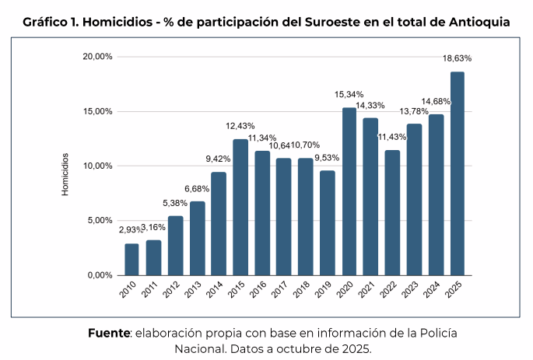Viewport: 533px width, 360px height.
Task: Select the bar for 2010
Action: click(x=131, y=259)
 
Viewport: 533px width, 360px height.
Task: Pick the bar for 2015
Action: click(x=240, y=207)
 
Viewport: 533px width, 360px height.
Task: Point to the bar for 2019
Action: click(x=328, y=222)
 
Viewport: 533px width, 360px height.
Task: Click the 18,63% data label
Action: click(x=457, y=58)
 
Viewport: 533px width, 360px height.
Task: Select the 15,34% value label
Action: click(x=349, y=94)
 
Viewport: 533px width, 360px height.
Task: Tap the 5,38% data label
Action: click(x=175, y=203)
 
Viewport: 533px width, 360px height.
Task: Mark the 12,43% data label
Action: click(x=240, y=126)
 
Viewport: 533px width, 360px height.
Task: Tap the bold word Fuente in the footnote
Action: click(x=108, y=333)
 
